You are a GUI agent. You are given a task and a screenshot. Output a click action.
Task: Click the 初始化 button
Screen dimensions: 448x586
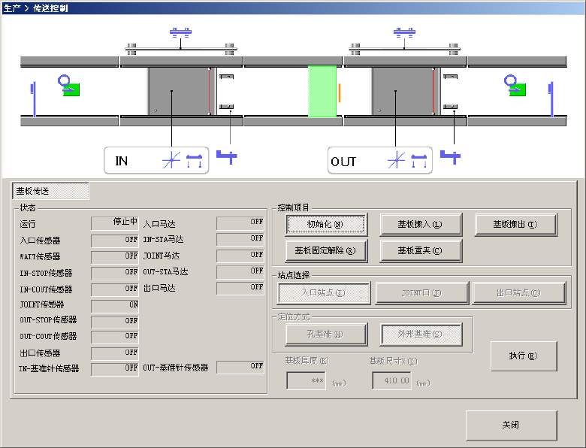point(325,224)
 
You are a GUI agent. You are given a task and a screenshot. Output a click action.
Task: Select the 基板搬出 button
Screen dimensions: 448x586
point(515,224)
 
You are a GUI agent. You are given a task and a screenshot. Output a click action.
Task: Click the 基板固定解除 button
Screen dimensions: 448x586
point(325,250)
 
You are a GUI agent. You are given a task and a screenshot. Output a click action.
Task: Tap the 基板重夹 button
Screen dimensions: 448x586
point(421,250)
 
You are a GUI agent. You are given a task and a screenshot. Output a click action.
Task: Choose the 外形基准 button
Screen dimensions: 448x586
point(421,333)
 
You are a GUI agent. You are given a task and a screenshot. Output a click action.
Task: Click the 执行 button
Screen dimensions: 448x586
point(524,356)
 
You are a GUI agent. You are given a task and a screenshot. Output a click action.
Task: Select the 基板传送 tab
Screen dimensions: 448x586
point(51,191)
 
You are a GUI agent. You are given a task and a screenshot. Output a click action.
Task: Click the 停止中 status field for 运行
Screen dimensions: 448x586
point(115,222)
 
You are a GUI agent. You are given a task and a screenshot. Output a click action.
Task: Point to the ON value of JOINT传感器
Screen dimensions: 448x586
point(115,305)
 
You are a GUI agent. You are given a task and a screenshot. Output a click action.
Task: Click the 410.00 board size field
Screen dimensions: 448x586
point(391,381)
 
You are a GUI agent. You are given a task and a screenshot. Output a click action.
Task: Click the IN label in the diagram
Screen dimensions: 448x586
point(122,161)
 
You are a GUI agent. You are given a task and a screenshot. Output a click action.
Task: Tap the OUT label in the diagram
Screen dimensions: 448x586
point(343,161)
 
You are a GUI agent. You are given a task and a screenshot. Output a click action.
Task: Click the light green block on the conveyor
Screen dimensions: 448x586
point(322,91)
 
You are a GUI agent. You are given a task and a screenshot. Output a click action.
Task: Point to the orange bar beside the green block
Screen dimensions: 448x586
point(340,92)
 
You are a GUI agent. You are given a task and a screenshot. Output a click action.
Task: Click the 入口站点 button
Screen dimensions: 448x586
point(324,293)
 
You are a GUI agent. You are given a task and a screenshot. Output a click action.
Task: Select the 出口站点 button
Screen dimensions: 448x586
point(518,293)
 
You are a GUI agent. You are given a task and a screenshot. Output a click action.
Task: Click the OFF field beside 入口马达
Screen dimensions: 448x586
point(240,222)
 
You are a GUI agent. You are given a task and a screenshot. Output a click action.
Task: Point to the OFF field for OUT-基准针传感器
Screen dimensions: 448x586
point(240,367)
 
